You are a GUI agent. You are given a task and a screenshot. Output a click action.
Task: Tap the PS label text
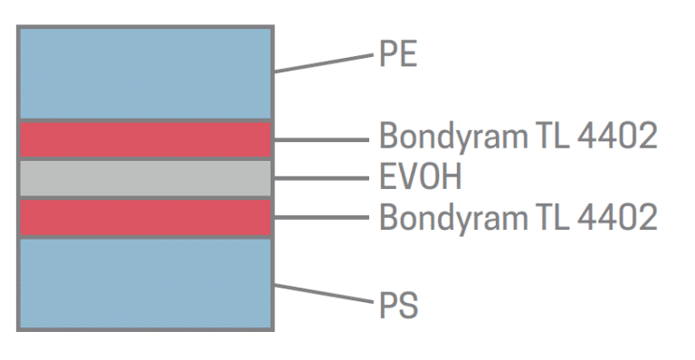point(399,304)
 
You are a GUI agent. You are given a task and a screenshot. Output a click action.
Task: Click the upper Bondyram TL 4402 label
point(518,137)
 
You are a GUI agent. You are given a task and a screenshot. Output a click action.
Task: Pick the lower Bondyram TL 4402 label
point(518,218)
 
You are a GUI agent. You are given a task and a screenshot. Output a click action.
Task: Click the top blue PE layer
point(146,72)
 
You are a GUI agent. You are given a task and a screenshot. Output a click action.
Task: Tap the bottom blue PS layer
point(146,283)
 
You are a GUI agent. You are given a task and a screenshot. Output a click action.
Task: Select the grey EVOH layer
point(146,178)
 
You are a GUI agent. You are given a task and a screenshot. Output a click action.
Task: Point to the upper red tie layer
point(146,139)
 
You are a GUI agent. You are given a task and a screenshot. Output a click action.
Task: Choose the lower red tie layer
point(146,218)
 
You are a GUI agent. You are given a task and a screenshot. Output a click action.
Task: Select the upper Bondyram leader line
point(321,140)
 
